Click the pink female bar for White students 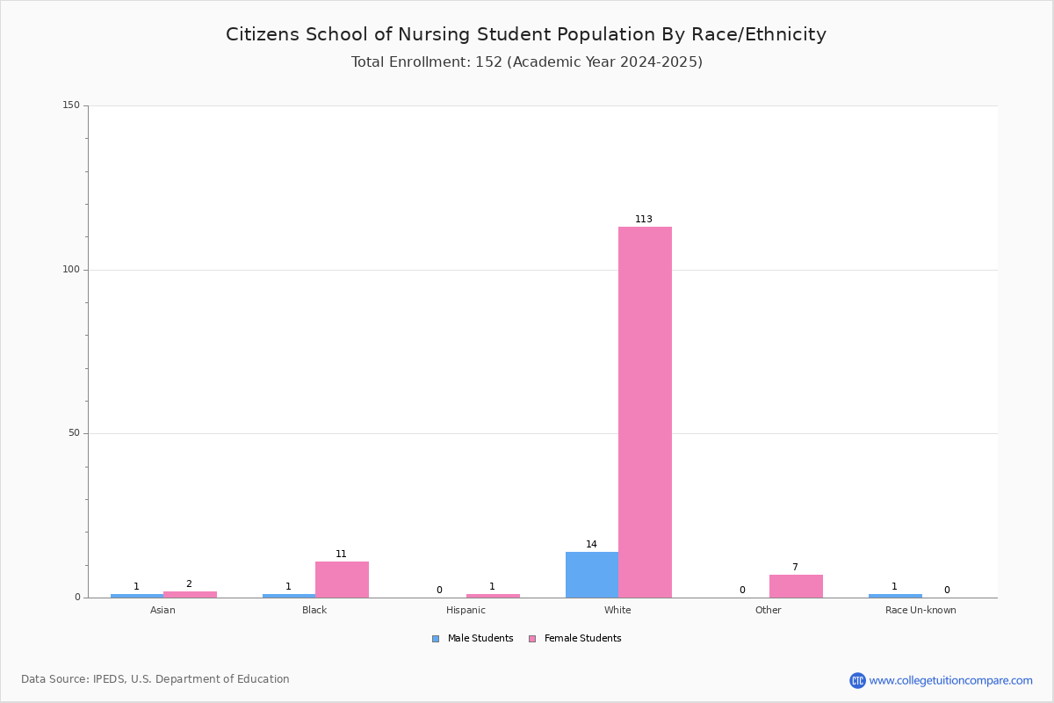coord(645,412)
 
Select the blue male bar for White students coord(592,575)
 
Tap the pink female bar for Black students coord(342,579)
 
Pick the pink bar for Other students coord(796,586)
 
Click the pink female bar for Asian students coord(190,594)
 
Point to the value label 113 coord(644,219)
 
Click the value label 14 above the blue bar coord(591,544)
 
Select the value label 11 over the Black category coord(341,554)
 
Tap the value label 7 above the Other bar coord(795,567)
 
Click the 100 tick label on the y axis coord(71,269)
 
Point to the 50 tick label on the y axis coord(75,432)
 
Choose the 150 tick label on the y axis coord(71,105)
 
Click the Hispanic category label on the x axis coord(466,610)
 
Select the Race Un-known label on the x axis coord(920,610)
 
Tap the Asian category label coord(162,610)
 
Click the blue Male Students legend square coord(436,639)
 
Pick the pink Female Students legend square coord(532,639)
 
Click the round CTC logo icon coord(857,680)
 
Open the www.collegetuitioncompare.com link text coord(951,680)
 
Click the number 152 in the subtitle coord(489,62)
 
